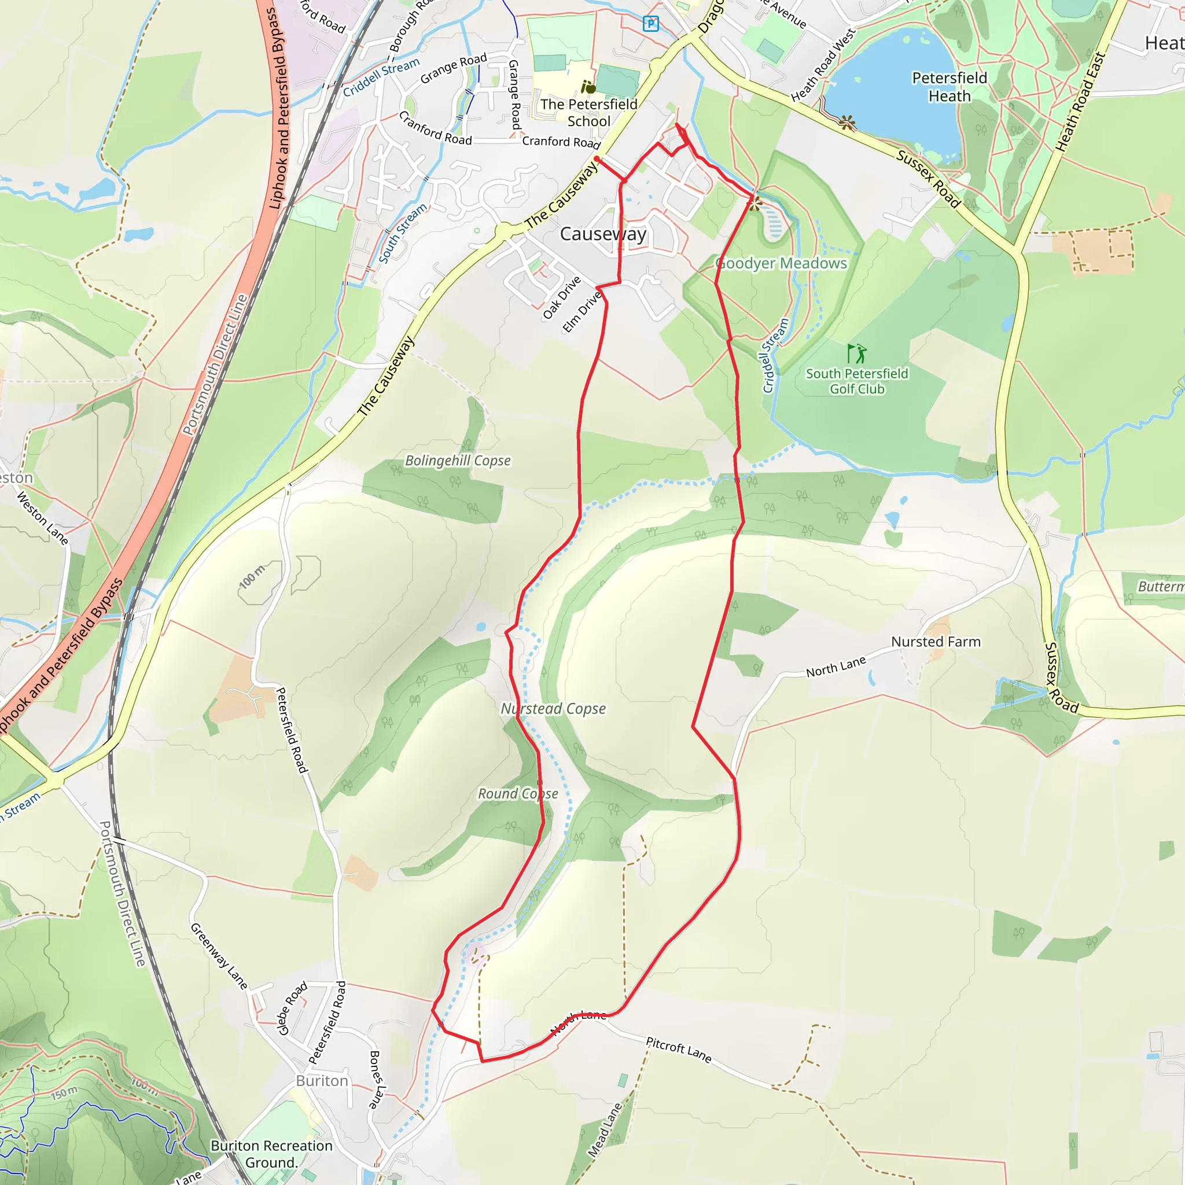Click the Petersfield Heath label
click(x=950, y=87)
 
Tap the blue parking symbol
click(x=651, y=24)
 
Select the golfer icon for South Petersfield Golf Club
click(x=857, y=354)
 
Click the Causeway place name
click(x=603, y=234)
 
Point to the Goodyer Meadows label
click(x=781, y=264)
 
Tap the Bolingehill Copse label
click(x=458, y=461)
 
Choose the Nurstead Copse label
click(x=553, y=709)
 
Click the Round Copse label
click(x=518, y=794)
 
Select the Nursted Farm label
click(x=936, y=642)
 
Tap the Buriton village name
click(x=322, y=1081)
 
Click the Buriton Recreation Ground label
click(x=271, y=1154)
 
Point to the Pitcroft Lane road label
click(x=678, y=1050)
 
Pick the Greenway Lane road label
click(x=218, y=956)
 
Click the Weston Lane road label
click(x=42, y=518)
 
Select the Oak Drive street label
click(x=561, y=298)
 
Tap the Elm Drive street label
click(x=582, y=312)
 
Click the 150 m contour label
click(x=64, y=1092)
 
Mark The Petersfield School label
click(x=589, y=113)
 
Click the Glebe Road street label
click(x=293, y=1009)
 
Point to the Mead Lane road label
click(x=604, y=1131)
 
